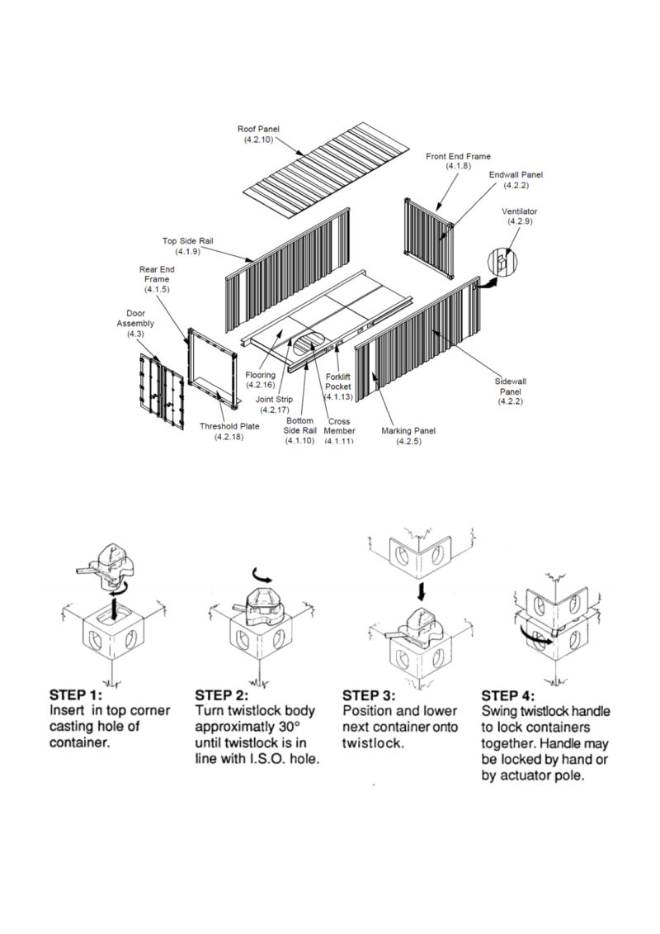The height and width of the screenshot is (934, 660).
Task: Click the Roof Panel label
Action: coord(258,134)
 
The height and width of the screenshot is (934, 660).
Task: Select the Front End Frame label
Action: coord(458,161)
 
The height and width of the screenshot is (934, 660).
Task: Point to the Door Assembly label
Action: coord(135,324)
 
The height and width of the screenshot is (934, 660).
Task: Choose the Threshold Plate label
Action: coord(229,431)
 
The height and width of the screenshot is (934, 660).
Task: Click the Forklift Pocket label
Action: coord(338,386)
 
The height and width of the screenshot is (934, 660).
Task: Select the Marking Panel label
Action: coord(408,436)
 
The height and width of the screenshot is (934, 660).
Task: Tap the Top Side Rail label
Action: coord(187,246)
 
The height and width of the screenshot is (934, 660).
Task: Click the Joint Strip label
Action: coord(275,405)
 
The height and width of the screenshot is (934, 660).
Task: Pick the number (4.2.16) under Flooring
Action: coord(260,385)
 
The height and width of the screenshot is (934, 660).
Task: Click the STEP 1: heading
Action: coord(76,695)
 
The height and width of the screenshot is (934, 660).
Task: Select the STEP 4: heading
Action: coord(507,695)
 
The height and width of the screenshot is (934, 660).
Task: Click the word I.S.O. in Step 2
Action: coord(266,760)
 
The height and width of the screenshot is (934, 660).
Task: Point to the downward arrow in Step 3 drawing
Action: coord(422,591)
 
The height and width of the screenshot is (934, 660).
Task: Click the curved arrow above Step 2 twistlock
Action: coord(261,574)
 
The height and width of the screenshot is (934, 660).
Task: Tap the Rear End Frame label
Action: coord(157,279)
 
